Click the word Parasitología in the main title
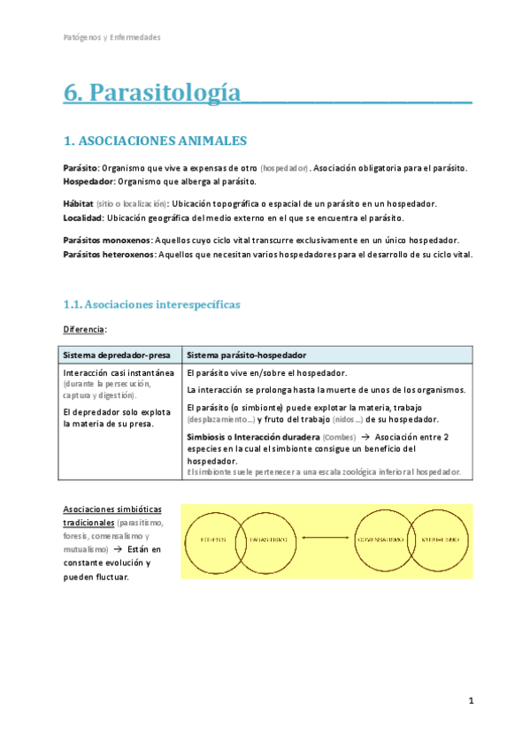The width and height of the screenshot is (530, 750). (x=165, y=92)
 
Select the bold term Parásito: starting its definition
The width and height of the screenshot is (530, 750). (x=81, y=168)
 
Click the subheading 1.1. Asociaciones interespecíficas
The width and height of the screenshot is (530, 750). (x=151, y=304)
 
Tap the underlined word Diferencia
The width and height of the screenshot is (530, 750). (x=84, y=329)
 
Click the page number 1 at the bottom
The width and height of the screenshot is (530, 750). (x=472, y=700)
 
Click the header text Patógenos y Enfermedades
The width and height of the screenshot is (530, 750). (x=112, y=38)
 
